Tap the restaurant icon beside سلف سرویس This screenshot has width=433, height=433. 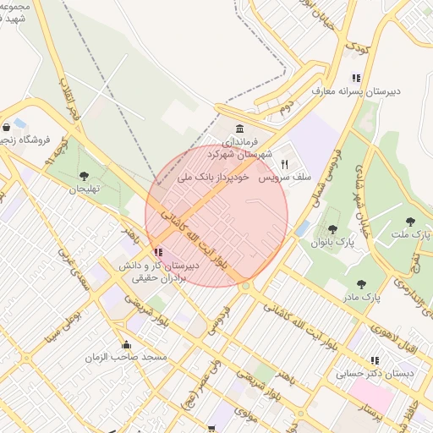[x=284, y=164]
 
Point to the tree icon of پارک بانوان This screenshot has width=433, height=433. [x=327, y=228]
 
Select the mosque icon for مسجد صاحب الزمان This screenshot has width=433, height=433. [x=127, y=344]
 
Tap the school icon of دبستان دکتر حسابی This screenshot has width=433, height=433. [x=375, y=360]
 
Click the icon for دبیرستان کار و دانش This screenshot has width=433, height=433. [x=157, y=251]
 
